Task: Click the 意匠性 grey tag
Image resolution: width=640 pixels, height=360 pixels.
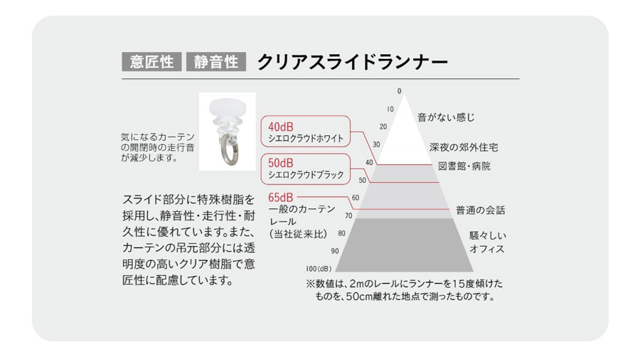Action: pyautogui.click(x=151, y=62)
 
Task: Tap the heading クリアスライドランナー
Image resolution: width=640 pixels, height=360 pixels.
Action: pyautogui.click(x=352, y=62)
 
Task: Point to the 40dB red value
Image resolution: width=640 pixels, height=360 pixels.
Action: pyautogui.click(x=281, y=127)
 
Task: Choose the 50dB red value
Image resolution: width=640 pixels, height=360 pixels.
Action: pyautogui.click(x=281, y=163)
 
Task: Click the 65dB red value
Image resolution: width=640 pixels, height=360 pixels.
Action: pyautogui.click(x=280, y=197)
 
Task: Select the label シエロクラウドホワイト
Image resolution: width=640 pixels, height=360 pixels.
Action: pyautogui.click(x=306, y=138)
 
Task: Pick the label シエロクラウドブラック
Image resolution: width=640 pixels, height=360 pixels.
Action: pyautogui.click(x=306, y=174)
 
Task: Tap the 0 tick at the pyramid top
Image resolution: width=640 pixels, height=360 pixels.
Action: pyautogui.click(x=400, y=91)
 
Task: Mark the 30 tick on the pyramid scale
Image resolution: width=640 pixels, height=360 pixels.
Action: pyautogui.click(x=376, y=144)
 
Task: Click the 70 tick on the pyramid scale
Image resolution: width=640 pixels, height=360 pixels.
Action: pyautogui.click(x=348, y=215)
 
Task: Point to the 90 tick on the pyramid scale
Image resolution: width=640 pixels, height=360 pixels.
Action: pyautogui.click(x=335, y=251)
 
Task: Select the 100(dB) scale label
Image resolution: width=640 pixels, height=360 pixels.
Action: pyautogui.click(x=319, y=269)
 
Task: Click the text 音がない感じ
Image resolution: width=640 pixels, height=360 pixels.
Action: pyautogui.click(x=446, y=116)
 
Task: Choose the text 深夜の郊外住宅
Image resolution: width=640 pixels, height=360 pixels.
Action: pyautogui.click(x=464, y=147)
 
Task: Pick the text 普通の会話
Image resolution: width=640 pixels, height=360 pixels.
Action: pyautogui.click(x=481, y=211)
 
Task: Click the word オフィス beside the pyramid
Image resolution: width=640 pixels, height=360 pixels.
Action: pyautogui.click(x=487, y=250)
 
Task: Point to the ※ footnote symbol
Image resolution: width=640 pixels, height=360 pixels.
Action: pyautogui.click(x=311, y=283)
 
